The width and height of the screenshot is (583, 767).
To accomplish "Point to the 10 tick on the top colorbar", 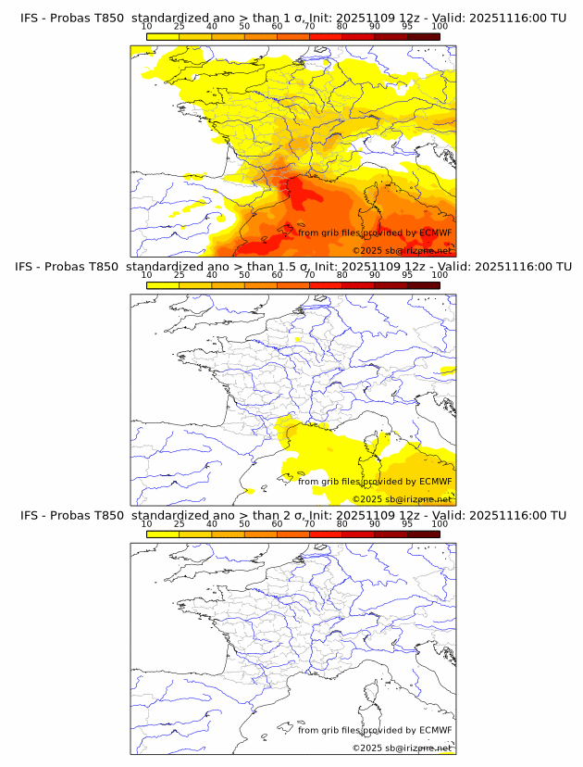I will point(146,26).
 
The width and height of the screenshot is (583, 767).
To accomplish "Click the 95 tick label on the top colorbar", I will point(407,26).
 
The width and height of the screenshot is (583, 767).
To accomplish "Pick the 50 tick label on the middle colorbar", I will point(244,275).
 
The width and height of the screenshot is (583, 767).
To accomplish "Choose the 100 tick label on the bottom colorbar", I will point(440,523).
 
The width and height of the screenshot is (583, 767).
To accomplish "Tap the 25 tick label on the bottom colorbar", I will point(179,523).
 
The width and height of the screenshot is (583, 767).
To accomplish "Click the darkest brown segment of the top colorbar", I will point(423,36).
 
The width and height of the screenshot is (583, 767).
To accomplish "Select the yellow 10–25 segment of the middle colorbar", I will point(162,284).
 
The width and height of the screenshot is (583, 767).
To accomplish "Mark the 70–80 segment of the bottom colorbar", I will point(326,533).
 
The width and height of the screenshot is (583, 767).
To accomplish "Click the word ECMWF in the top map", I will point(435,233).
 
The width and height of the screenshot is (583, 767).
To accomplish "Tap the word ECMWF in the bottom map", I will point(435,730).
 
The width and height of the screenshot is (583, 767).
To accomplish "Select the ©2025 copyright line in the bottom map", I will point(402,748).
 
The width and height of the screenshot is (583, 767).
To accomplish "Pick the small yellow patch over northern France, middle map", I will point(298,340).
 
